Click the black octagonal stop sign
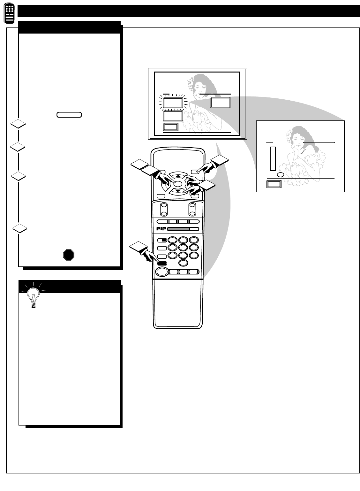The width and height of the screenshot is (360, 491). point(69,255)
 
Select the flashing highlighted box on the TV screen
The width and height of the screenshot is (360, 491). point(173,103)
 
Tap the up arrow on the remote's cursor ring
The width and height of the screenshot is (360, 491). point(178,176)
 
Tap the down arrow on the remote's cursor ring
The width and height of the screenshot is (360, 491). point(178,191)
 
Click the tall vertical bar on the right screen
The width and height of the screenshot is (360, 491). point(272,158)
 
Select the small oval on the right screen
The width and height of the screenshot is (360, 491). point(280,175)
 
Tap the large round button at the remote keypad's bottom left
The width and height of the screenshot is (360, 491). point(161,272)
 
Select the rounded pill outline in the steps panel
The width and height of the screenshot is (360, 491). point(69,115)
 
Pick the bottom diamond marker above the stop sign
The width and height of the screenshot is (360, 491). point(19,228)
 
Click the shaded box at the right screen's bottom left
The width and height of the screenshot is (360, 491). point(274,184)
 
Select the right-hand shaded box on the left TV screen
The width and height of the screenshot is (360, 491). point(220,103)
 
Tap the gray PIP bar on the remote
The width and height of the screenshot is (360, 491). point(178,229)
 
